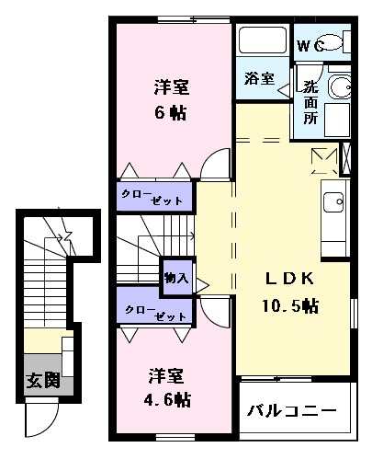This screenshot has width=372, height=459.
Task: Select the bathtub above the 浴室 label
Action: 263,41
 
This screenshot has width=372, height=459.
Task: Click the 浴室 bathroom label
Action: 260,78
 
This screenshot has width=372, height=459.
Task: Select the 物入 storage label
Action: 175,277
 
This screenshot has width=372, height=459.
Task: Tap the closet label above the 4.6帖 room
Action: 153,312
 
